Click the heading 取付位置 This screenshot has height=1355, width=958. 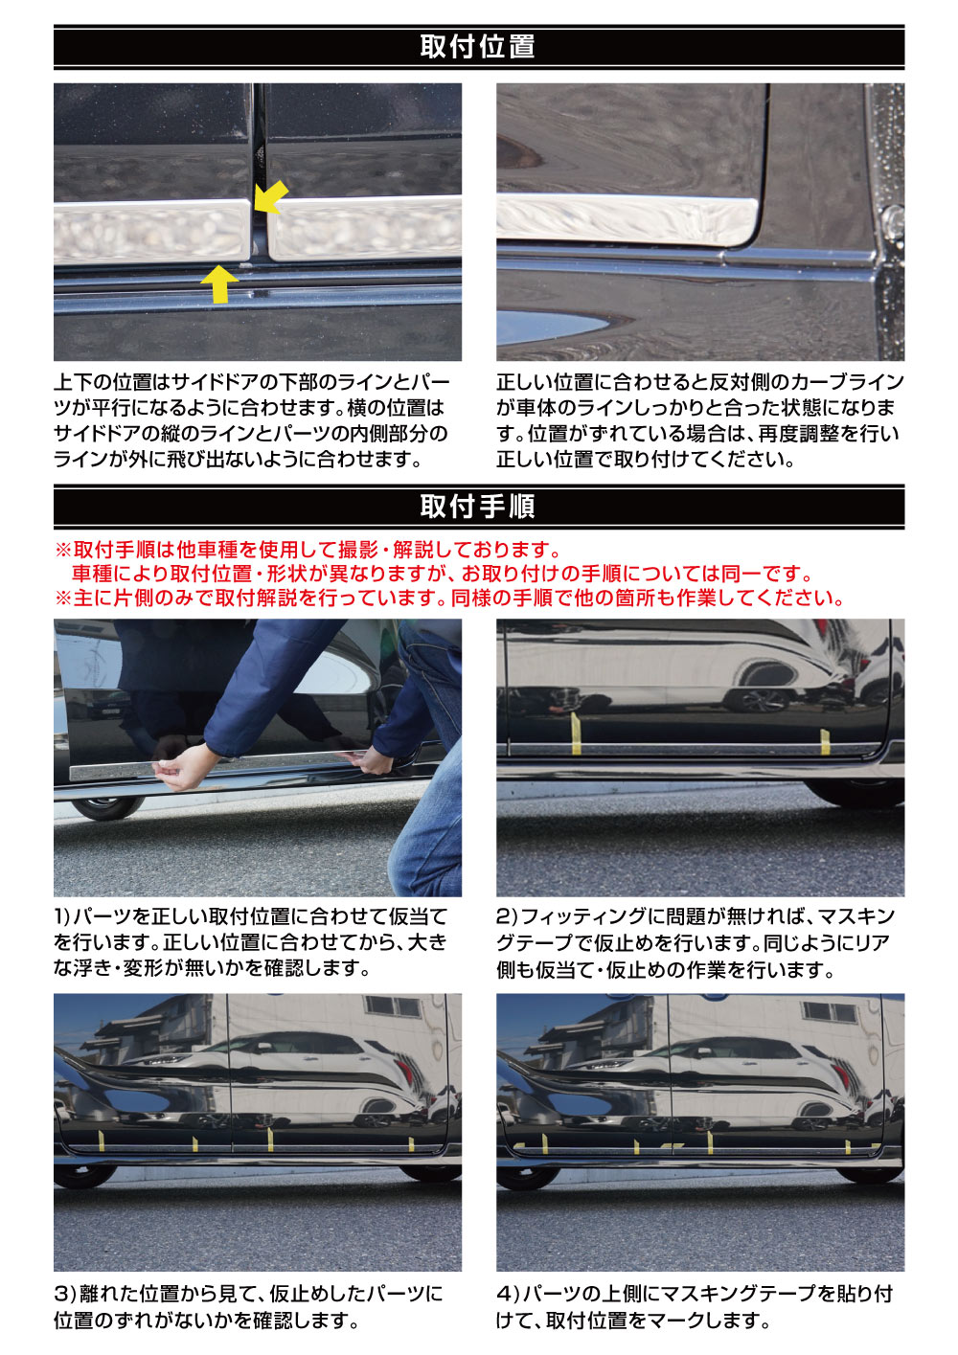(477, 46)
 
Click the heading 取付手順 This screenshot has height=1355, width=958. (477, 506)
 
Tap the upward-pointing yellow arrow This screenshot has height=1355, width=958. (220, 284)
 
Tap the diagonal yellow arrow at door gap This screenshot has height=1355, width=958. (271, 197)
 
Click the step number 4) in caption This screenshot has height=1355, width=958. (507, 1294)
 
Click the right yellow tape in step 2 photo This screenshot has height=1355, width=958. (825, 740)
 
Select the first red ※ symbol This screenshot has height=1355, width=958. (63, 550)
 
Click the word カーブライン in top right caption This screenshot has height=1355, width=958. (848, 382)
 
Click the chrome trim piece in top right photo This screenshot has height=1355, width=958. (623, 220)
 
